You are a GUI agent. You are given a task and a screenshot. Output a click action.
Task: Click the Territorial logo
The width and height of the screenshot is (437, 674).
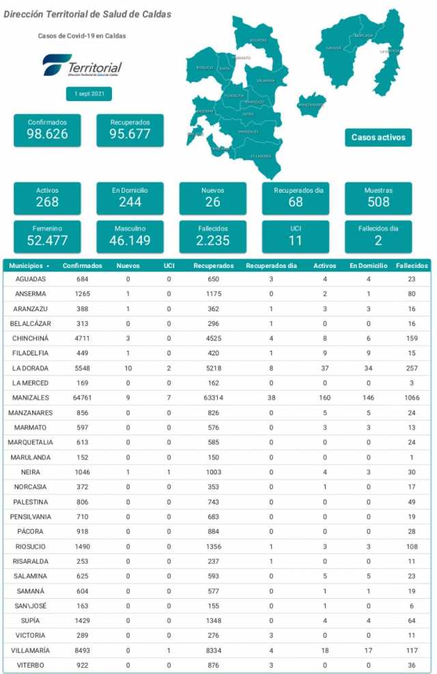coord(83,66)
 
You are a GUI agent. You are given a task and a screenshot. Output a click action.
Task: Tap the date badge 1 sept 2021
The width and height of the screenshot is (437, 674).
coord(84,94)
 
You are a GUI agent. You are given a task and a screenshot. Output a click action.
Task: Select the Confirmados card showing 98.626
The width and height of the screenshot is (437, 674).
coord(47,129)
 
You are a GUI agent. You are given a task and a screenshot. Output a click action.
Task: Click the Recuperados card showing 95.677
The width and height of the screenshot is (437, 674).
coord(130,129)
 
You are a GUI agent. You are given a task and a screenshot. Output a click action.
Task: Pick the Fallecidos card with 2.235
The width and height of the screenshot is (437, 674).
coord(213,235)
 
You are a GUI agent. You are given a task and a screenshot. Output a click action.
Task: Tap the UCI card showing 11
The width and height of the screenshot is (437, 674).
coord(295,235)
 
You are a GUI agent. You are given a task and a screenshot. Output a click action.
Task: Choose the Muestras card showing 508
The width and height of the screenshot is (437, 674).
coord(378,197)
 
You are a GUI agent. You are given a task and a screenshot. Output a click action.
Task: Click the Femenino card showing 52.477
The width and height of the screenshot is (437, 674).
coord(47,235)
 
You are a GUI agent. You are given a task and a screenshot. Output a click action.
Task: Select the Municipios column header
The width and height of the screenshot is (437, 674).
coord(29,265)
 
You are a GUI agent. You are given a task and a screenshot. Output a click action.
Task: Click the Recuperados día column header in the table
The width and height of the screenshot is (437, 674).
coord(271,265)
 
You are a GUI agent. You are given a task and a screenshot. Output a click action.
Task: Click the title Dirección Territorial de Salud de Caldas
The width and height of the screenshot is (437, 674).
coord(87,14)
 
